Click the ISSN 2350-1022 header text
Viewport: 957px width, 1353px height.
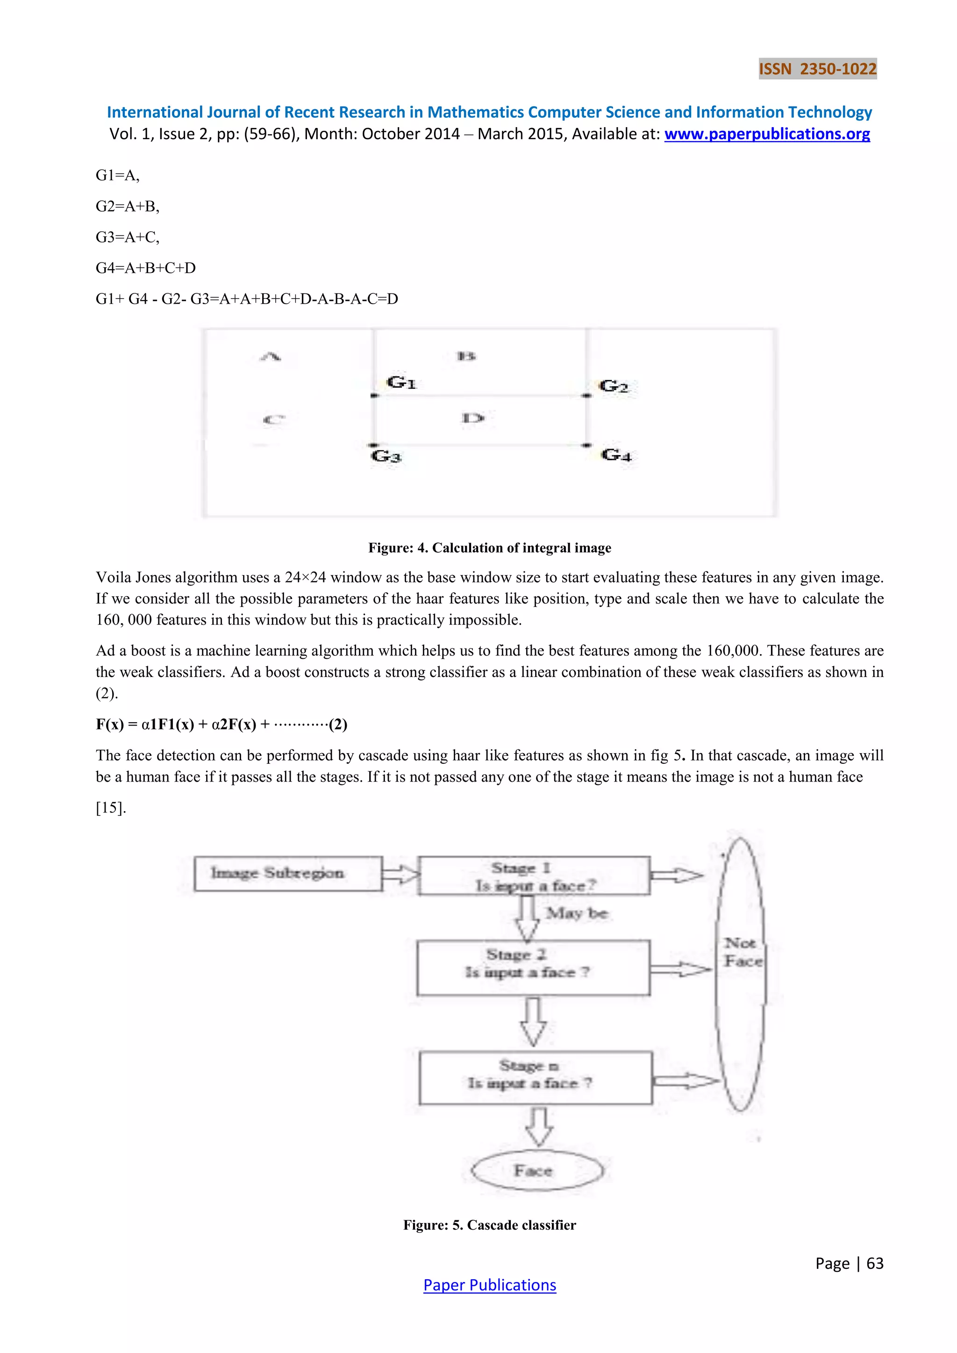pos(817,69)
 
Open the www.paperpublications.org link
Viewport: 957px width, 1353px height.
pos(767,135)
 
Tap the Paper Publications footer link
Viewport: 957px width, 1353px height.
pos(489,1285)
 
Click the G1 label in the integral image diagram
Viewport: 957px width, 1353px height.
pos(401,383)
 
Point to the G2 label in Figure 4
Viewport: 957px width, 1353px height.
pos(614,386)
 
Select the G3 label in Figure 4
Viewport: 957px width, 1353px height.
pos(386,456)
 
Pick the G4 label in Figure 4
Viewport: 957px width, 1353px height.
pos(616,455)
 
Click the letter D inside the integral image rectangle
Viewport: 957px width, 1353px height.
pos(472,419)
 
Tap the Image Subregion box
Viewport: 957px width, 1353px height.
pos(288,873)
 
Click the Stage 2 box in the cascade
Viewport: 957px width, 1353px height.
pos(533,967)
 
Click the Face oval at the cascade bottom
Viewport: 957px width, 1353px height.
pos(536,1170)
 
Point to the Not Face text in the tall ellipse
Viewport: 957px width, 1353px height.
pos(742,952)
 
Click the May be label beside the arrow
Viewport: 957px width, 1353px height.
pos(576,913)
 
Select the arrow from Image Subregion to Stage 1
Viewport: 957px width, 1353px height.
pos(401,874)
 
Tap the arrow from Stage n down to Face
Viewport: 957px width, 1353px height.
pos(539,1126)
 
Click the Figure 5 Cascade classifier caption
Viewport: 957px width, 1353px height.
pos(489,1225)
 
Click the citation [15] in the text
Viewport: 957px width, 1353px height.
pos(111,807)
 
